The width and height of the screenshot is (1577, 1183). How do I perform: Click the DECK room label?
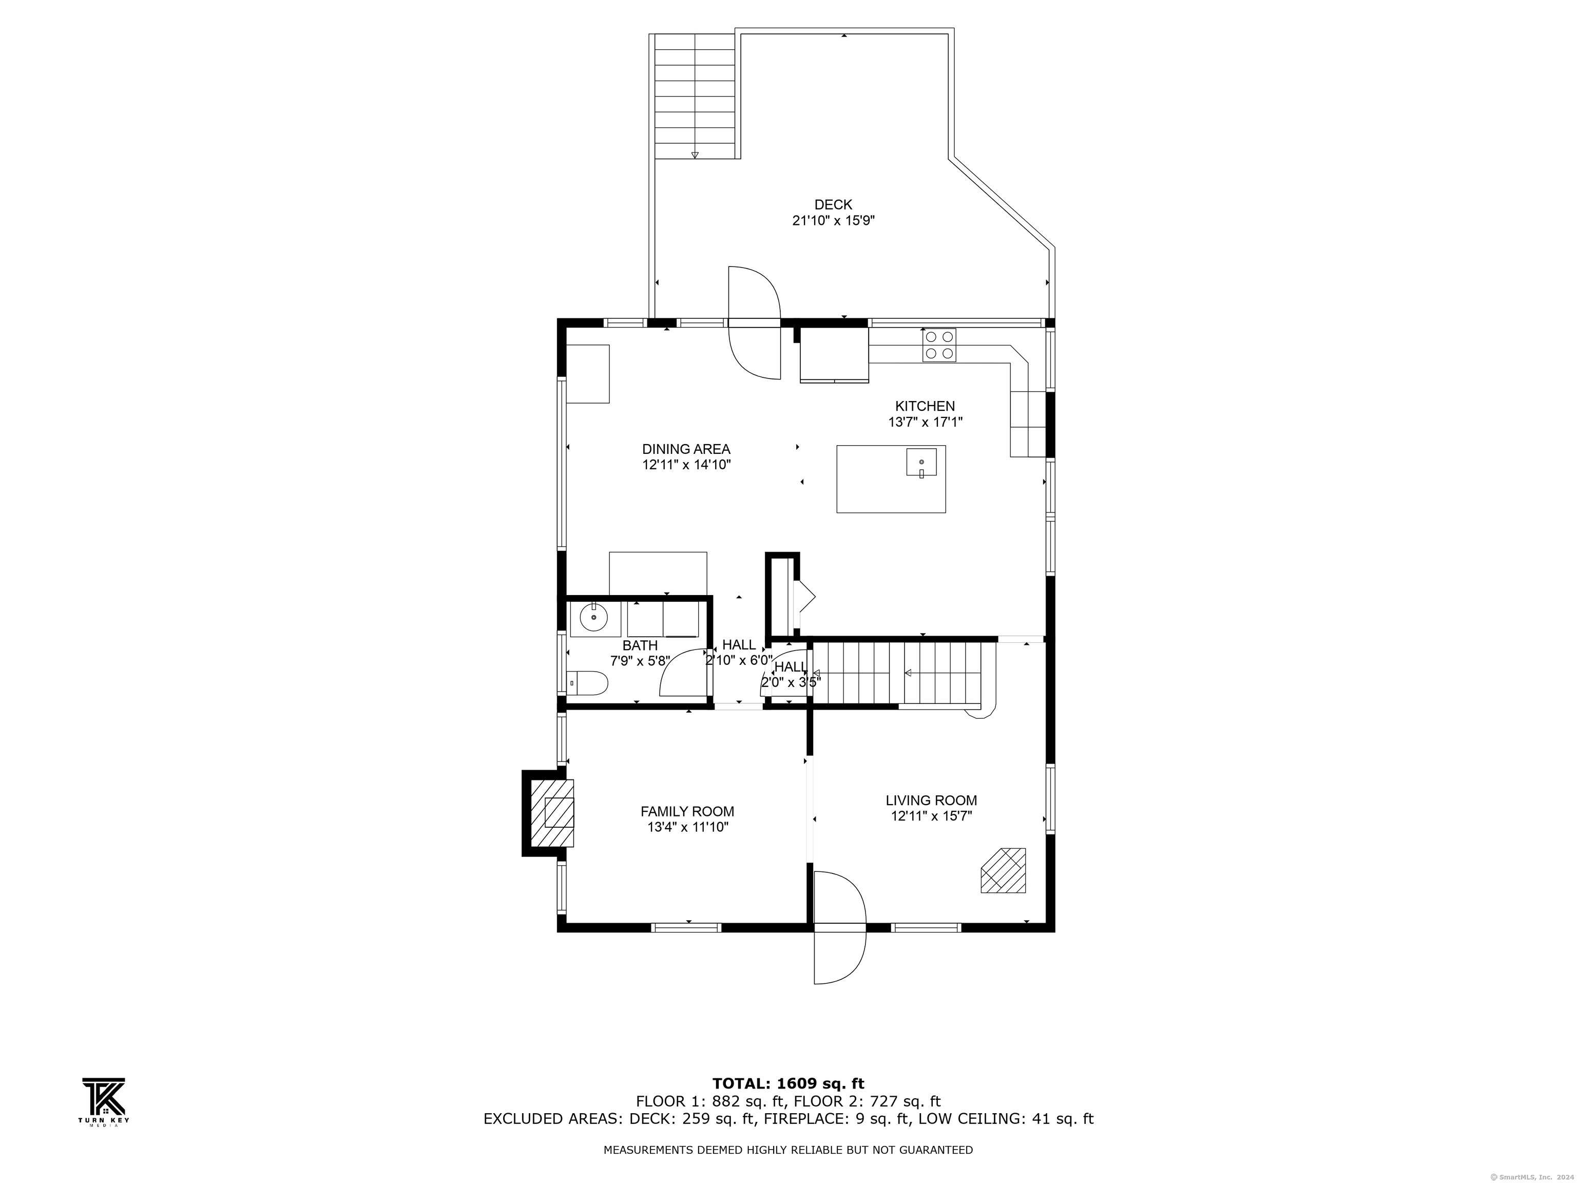[833, 205]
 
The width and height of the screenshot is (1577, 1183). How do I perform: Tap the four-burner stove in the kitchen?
[939, 345]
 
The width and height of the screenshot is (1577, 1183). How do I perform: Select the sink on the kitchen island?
[921, 462]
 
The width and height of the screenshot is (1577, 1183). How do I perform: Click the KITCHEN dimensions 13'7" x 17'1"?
[925, 422]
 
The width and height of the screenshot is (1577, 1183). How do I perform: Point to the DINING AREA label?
[686, 449]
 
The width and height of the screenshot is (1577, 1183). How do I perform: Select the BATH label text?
[640, 645]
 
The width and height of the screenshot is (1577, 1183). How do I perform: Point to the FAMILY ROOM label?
[686, 811]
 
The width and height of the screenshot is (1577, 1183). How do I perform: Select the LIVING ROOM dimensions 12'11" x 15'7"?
[931, 816]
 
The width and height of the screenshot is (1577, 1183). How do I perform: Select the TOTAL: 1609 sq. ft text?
[788, 1084]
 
